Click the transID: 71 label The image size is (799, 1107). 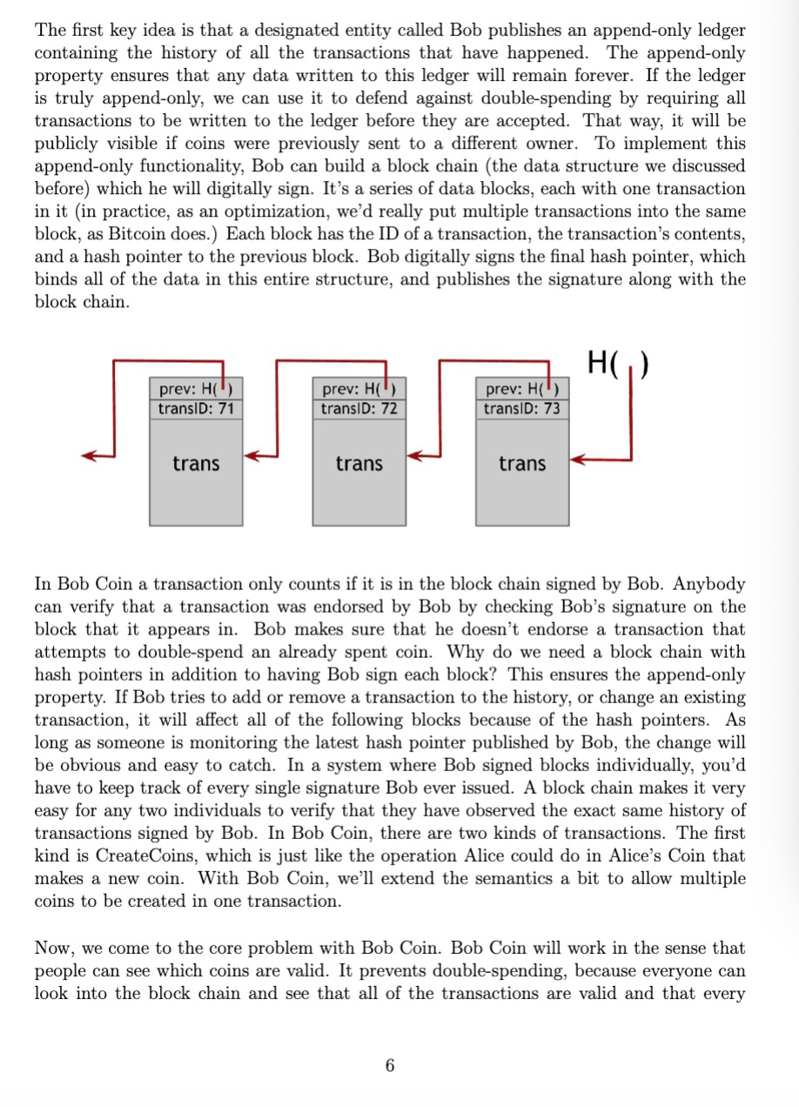coord(196,408)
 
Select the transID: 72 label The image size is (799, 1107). coord(359,408)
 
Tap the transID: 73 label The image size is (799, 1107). coord(522,408)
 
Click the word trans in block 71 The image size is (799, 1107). coord(196,464)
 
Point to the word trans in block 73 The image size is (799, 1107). coord(522,464)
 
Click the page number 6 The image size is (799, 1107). coord(390,1065)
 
